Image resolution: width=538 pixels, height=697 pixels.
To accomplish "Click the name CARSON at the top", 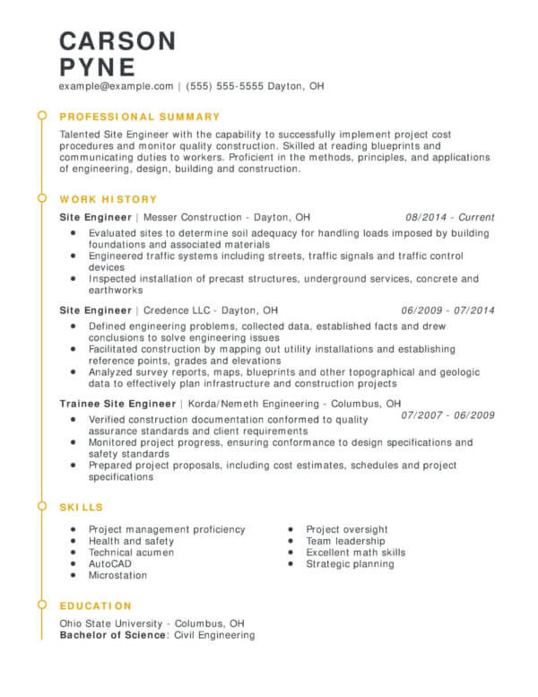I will click(x=117, y=40).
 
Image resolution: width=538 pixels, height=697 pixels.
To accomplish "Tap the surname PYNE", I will click(x=98, y=66).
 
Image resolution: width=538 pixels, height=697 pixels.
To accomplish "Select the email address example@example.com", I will click(x=117, y=86).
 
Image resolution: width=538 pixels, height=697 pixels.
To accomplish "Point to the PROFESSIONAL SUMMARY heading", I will click(x=139, y=117).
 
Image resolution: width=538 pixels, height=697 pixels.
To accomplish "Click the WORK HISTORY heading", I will click(x=108, y=199).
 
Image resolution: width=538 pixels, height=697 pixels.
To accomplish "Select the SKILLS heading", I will click(x=82, y=507).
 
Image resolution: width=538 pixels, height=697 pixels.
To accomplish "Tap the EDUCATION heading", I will click(x=96, y=606).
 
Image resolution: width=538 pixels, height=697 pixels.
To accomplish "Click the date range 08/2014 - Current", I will click(x=450, y=217).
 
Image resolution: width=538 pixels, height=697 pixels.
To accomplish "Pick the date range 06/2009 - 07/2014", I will click(x=448, y=310).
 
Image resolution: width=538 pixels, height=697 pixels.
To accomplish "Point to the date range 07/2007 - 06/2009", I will click(x=448, y=415).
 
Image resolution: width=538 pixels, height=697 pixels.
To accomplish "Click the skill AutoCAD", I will click(x=109, y=564).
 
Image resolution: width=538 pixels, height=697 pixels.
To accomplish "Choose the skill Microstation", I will click(x=117, y=576).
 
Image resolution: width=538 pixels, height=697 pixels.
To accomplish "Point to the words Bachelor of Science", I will click(x=113, y=635).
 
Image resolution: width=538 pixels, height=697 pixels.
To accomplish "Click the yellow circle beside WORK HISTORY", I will click(x=41, y=198).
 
